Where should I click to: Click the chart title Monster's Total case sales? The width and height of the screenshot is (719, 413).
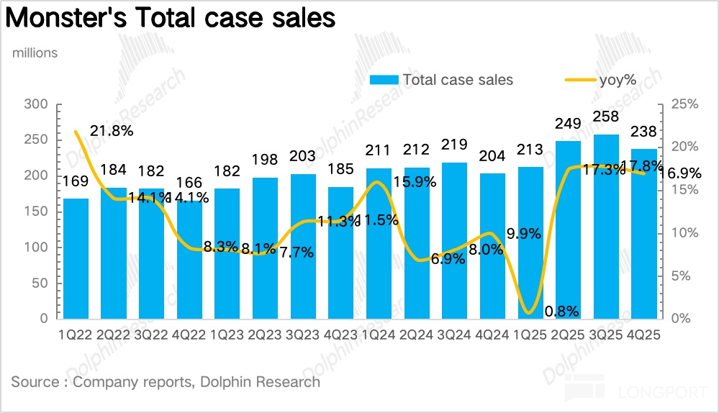click(x=171, y=18)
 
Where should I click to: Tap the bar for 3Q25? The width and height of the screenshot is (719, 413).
click(x=606, y=226)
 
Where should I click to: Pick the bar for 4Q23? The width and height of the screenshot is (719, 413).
click(x=340, y=252)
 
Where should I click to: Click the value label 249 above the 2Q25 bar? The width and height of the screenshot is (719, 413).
click(x=568, y=124)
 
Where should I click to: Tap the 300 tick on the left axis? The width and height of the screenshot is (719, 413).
click(x=35, y=104)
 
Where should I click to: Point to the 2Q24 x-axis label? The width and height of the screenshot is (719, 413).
click(x=417, y=335)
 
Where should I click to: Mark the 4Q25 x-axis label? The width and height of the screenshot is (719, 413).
click(x=645, y=335)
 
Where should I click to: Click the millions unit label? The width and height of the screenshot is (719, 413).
click(x=34, y=53)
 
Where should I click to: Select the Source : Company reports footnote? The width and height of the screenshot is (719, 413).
click(x=166, y=382)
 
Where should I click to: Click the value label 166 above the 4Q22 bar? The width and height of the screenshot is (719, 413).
click(x=189, y=183)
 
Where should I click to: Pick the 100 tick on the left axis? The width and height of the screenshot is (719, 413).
click(x=35, y=248)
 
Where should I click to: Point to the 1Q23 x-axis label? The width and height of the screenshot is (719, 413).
click(x=227, y=335)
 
